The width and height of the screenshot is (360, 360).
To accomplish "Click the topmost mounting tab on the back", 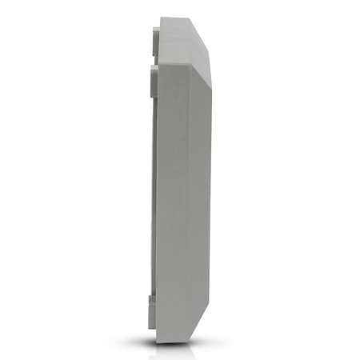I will (154, 37).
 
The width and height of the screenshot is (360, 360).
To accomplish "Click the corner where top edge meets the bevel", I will (192, 19).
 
